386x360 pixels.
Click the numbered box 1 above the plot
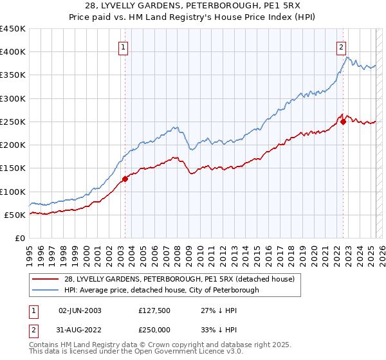click(122, 46)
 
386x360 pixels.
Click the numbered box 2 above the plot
click(340, 46)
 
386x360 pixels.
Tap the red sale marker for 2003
click(125, 179)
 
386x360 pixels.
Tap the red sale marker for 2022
click(343, 122)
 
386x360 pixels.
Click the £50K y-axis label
click(15, 215)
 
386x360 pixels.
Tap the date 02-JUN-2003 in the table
click(80, 310)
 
